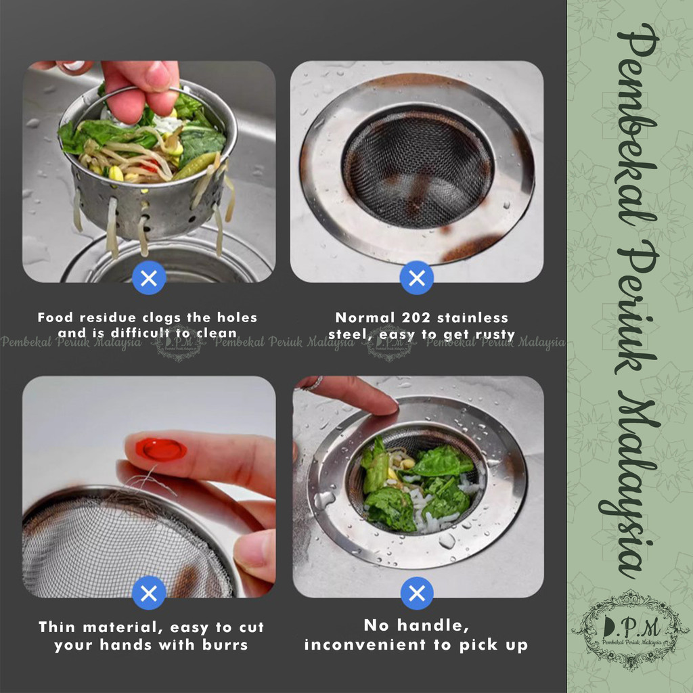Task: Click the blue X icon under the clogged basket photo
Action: [x=149, y=278]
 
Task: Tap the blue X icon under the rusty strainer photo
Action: [x=417, y=278]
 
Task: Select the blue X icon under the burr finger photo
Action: [x=149, y=593]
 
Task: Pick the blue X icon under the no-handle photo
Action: [x=417, y=593]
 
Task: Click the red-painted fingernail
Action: [x=161, y=449]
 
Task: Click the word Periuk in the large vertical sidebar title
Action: [x=636, y=310]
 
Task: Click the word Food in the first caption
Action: [x=55, y=317]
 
